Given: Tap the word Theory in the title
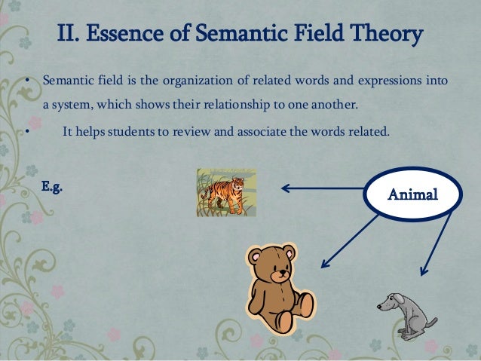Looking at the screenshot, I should tap(384, 34).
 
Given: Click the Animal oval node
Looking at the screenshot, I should tap(412, 194).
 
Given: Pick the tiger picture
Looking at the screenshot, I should tap(225, 192).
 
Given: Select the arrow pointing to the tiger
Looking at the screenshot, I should tap(323, 188).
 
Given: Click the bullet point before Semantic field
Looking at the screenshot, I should tap(25, 81).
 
